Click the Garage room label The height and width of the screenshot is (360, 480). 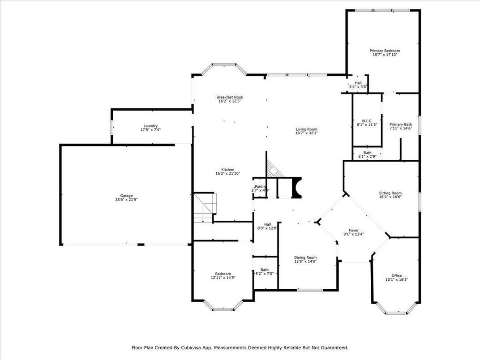click(126, 196)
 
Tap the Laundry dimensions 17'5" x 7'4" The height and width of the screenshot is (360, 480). click(150, 130)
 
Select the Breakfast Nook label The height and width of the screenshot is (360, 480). click(230, 97)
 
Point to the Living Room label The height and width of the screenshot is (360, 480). click(306, 129)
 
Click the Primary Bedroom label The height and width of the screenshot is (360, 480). click(385, 51)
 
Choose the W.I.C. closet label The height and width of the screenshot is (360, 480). click(367, 121)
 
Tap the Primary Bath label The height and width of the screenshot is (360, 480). click(400, 124)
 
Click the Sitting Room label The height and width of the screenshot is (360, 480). click(390, 193)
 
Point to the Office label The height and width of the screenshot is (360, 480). click(396, 276)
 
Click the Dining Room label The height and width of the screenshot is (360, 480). click(305, 257)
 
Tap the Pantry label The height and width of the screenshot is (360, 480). click(260, 187)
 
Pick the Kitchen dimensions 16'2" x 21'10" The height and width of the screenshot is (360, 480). click(228, 173)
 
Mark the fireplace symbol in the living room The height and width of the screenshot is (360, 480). click(297, 187)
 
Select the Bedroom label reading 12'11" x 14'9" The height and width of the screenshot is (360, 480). click(223, 274)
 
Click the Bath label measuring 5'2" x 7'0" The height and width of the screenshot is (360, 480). click(265, 270)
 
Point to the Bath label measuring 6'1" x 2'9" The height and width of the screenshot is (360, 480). click(367, 153)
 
